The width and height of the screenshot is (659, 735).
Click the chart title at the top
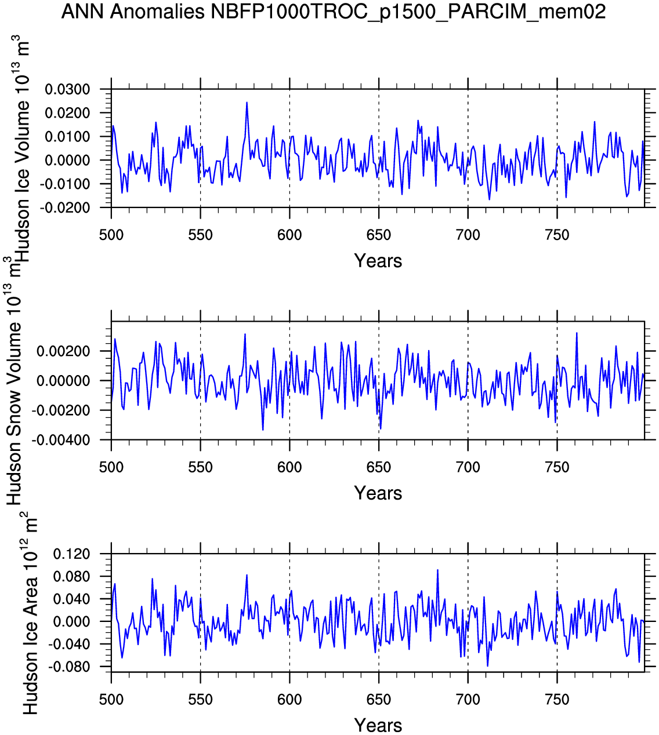(x=334, y=11)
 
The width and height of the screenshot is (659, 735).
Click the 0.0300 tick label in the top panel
(x=68, y=89)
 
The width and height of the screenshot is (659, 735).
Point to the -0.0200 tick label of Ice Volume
(x=67, y=208)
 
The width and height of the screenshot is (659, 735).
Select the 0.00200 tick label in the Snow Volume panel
(x=63, y=351)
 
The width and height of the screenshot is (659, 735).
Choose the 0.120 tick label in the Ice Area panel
(x=72, y=554)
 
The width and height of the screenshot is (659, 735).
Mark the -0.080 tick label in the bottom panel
(x=70, y=667)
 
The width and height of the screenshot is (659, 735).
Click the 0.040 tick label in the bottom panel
(x=72, y=599)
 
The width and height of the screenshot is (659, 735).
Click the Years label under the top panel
(x=378, y=261)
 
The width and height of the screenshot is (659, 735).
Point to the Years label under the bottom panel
(x=378, y=725)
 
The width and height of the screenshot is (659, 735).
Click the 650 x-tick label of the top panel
(x=378, y=235)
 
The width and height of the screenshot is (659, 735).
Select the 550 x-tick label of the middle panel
(x=200, y=467)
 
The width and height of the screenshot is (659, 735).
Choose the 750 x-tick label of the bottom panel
(x=557, y=700)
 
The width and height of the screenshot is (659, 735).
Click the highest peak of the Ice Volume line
(x=247, y=103)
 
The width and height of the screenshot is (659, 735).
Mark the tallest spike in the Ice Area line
(x=437, y=570)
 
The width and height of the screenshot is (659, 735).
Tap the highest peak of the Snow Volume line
(x=577, y=333)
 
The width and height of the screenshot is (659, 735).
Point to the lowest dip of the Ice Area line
(x=487, y=666)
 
